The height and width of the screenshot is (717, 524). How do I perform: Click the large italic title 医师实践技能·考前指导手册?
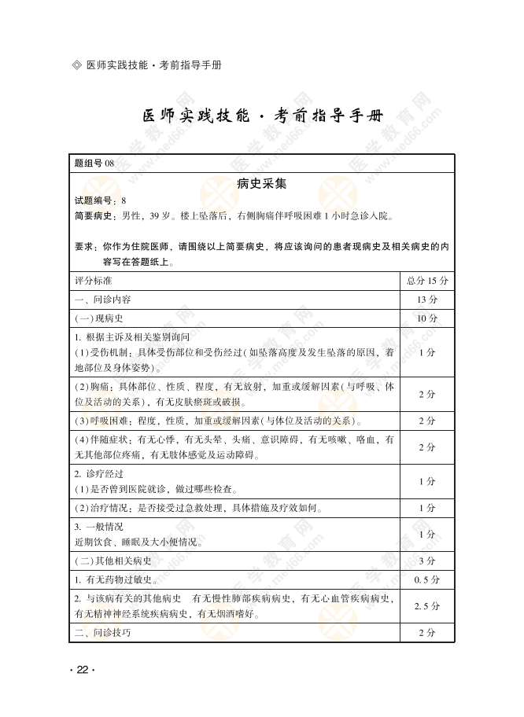coord(263,116)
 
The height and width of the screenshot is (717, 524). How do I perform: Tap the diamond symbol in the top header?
coord(76,65)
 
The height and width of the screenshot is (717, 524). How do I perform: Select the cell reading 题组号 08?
coord(94,163)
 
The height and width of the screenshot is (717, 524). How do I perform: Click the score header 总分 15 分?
coord(427,281)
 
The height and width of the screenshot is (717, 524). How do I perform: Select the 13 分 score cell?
coord(427,300)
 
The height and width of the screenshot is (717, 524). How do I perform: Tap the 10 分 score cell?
coord(427,318)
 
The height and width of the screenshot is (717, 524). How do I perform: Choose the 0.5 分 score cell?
coord(427,580)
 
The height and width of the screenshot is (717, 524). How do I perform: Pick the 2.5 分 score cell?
coord(427,606)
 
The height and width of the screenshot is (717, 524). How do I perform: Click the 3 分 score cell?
coord(427,561)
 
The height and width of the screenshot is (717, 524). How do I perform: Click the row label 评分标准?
coord(93,281)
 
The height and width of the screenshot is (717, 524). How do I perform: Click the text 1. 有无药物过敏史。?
coord(117,580)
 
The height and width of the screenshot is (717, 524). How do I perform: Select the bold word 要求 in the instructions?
coord(84,246)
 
